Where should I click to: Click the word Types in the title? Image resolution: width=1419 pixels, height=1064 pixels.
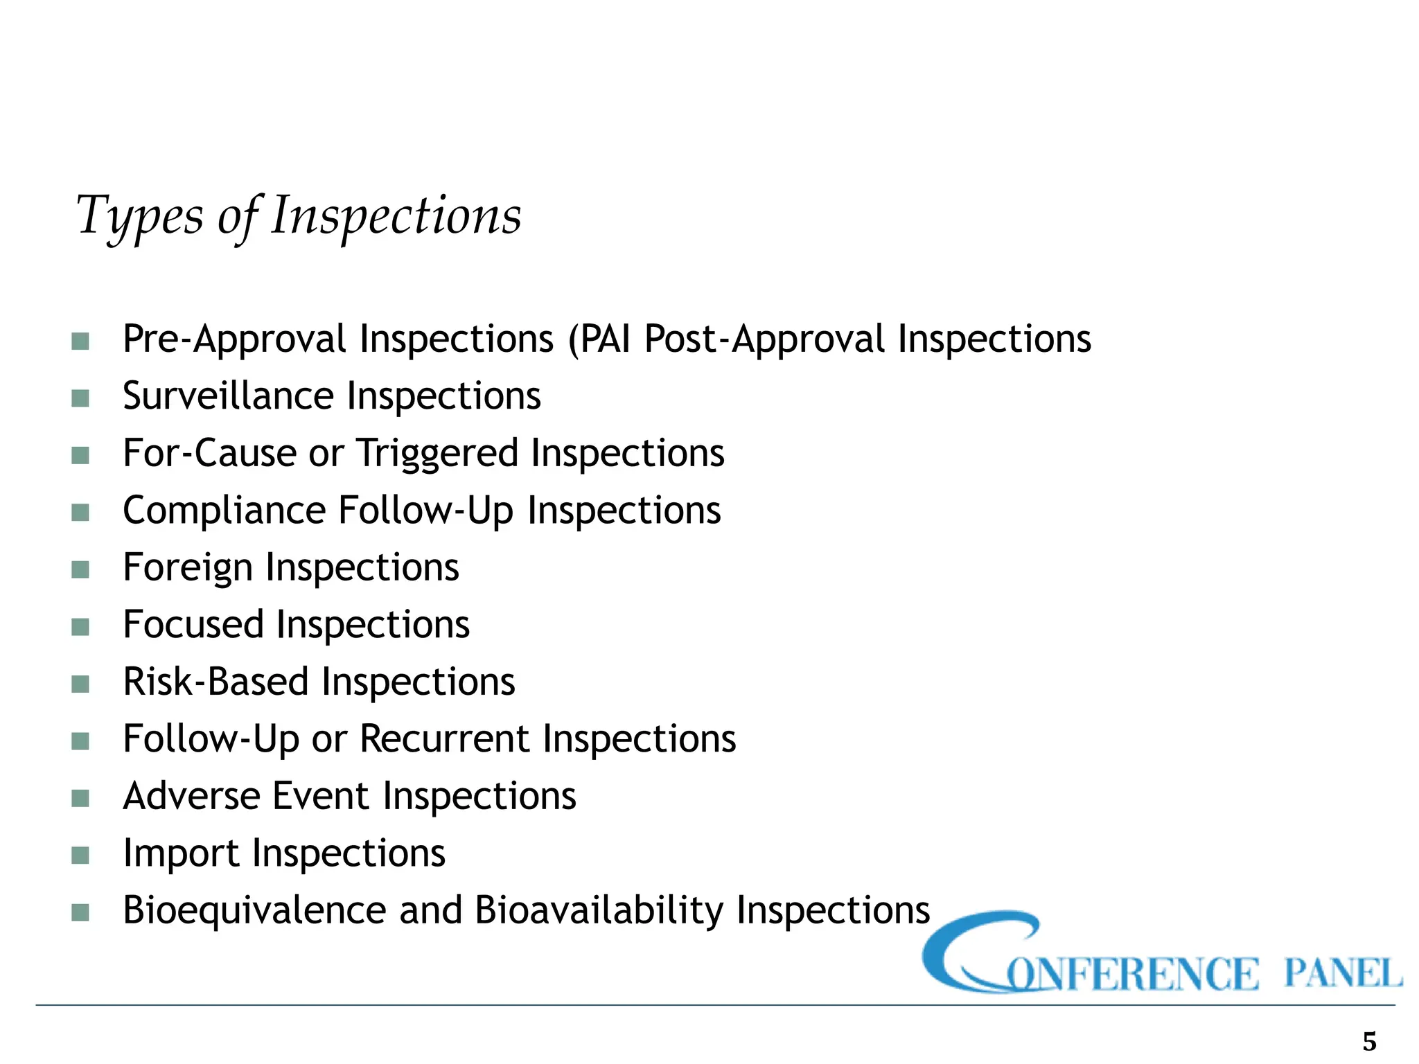139,216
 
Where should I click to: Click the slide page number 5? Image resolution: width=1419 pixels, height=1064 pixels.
1369,1041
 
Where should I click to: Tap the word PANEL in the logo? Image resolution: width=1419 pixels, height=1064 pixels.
1342,973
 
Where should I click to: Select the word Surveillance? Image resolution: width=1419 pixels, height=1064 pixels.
228,396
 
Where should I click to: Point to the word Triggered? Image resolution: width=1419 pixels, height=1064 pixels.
437,454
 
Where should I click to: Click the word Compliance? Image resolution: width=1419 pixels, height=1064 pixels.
224,511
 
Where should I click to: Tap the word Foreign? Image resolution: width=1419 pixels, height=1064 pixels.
188,568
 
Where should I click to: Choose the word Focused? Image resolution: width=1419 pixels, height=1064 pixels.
193,625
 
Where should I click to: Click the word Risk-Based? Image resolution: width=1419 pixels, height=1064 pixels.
215,682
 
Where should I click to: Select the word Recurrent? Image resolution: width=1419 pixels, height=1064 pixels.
444,739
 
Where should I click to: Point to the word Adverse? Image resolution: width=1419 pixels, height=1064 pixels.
191,796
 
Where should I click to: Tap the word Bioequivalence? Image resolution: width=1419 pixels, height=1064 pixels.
254,910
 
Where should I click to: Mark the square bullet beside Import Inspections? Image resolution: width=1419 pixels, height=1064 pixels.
80,855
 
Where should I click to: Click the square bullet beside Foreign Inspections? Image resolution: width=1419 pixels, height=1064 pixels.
80,570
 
